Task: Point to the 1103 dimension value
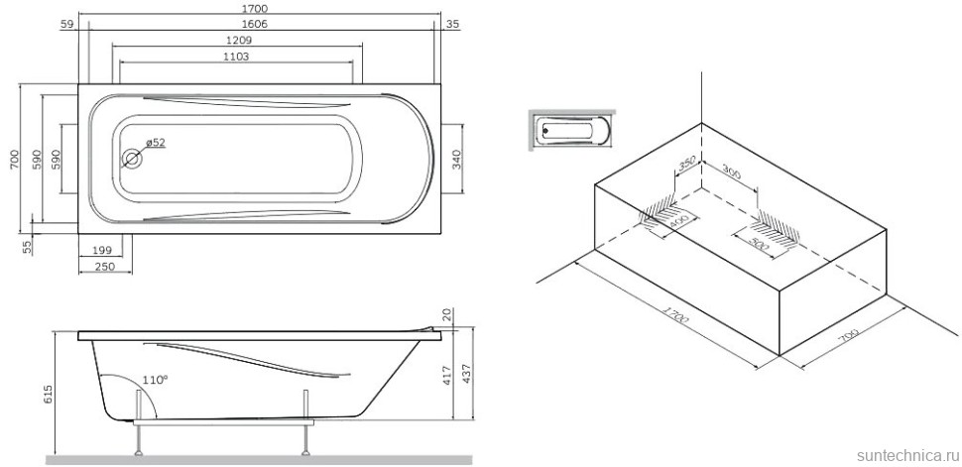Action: pyautogui.click(x=235, y=57)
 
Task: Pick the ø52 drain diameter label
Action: pyautogui.click(x=155, y=143)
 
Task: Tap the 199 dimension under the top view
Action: pyautogui.click(x=100, y=249)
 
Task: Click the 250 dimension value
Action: pyautogui.click(x=105, y=266)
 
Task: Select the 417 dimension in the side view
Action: pyautogui.click(x=448, y=376)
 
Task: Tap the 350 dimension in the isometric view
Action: pyautogui.click(x=685, y=162)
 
